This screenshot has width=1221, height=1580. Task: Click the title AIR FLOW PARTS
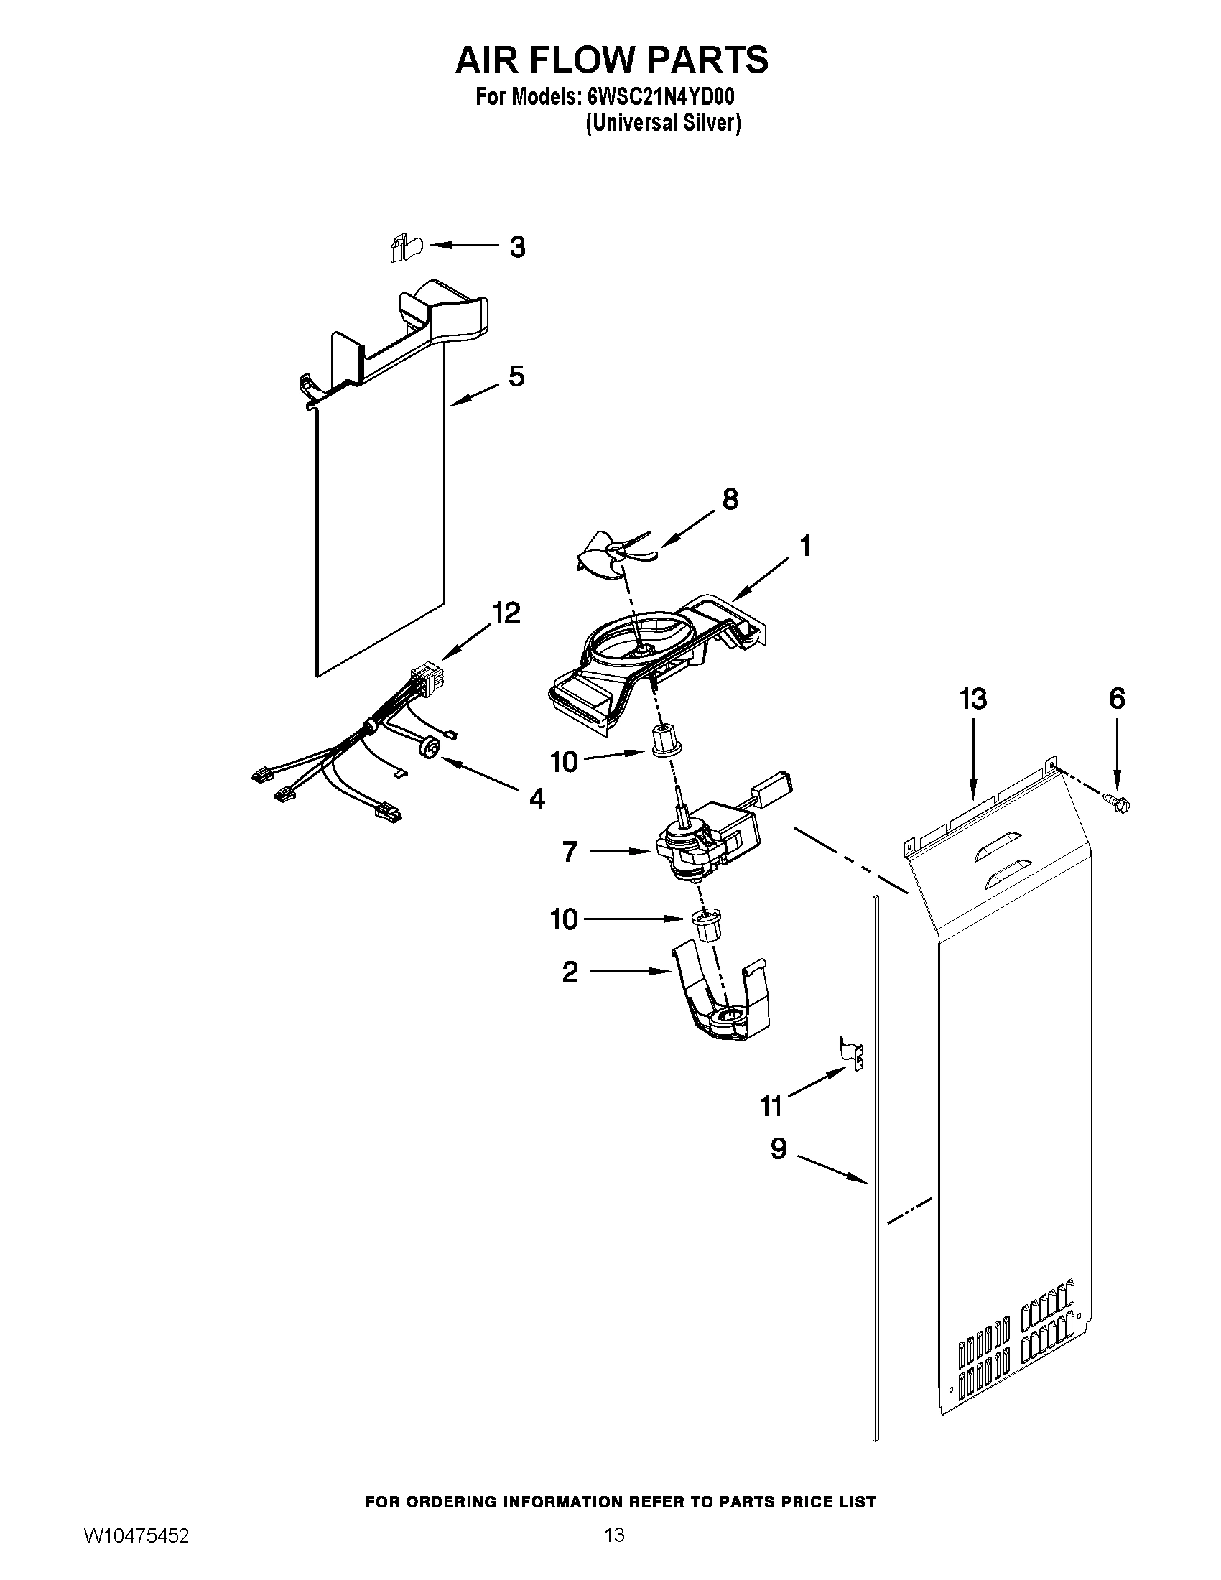coord(611,60)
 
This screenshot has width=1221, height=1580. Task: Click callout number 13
coord(972,700)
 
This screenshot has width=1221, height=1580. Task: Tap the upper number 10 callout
coord(565,762)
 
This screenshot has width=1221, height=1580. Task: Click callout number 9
coord(779,1149)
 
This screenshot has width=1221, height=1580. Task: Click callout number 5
coord(516,377)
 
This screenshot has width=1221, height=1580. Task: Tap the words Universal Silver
coord(663,123)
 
